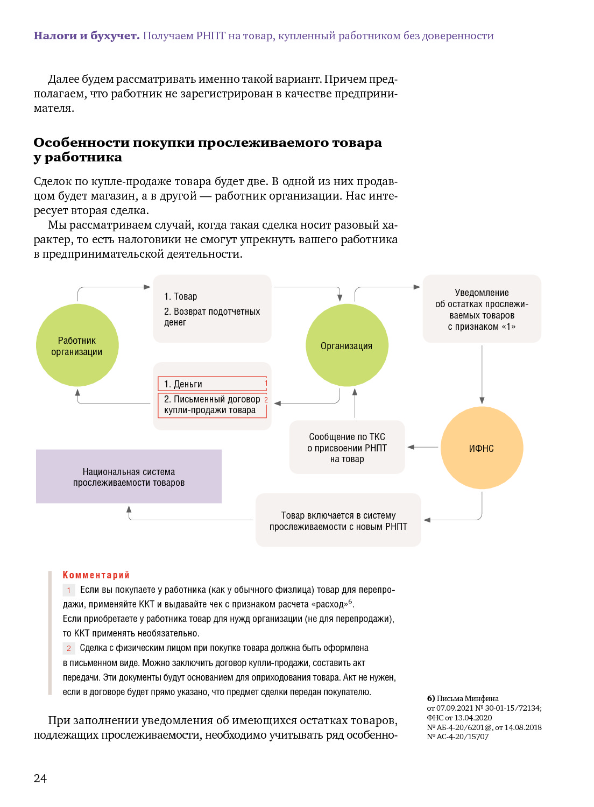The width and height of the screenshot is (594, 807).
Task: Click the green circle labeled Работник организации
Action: click(x=77, y=345)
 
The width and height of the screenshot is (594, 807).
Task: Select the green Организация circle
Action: click(x=346, y=345)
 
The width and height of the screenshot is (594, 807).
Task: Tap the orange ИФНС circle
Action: click(x=482, y=448)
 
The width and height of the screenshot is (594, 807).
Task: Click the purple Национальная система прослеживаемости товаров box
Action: click(x=129, y=477)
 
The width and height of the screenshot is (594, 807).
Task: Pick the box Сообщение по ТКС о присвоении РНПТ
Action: click(x=347, y=448)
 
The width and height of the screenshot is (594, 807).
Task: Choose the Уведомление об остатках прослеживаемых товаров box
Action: click(x=482, y=309)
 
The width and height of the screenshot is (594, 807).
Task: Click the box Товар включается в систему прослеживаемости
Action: click(x=338, y=520)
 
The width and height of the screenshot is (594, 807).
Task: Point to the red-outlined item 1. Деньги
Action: click(x=212, y=384)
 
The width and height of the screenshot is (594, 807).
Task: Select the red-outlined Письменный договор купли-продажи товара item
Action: click(x=212, y=405)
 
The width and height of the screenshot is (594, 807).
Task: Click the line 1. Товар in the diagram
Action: click(x=181, y=296)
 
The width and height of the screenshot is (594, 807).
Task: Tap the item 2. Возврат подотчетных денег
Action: click(x=212, y=317)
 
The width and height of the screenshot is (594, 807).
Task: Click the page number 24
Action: click(x=40, y=778)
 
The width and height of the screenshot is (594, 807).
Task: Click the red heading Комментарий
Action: click(x=96, y=575)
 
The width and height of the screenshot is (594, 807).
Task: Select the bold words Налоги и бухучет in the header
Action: click(x=87, y=36)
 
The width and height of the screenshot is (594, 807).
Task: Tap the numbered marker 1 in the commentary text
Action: click(x=69, y=590)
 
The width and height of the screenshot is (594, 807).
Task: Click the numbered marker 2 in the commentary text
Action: click(x=69, y=648)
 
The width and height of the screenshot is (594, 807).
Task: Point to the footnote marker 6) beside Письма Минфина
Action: click(x=431, y=698)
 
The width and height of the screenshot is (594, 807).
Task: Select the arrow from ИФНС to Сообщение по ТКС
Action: click(x=423, y=447)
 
